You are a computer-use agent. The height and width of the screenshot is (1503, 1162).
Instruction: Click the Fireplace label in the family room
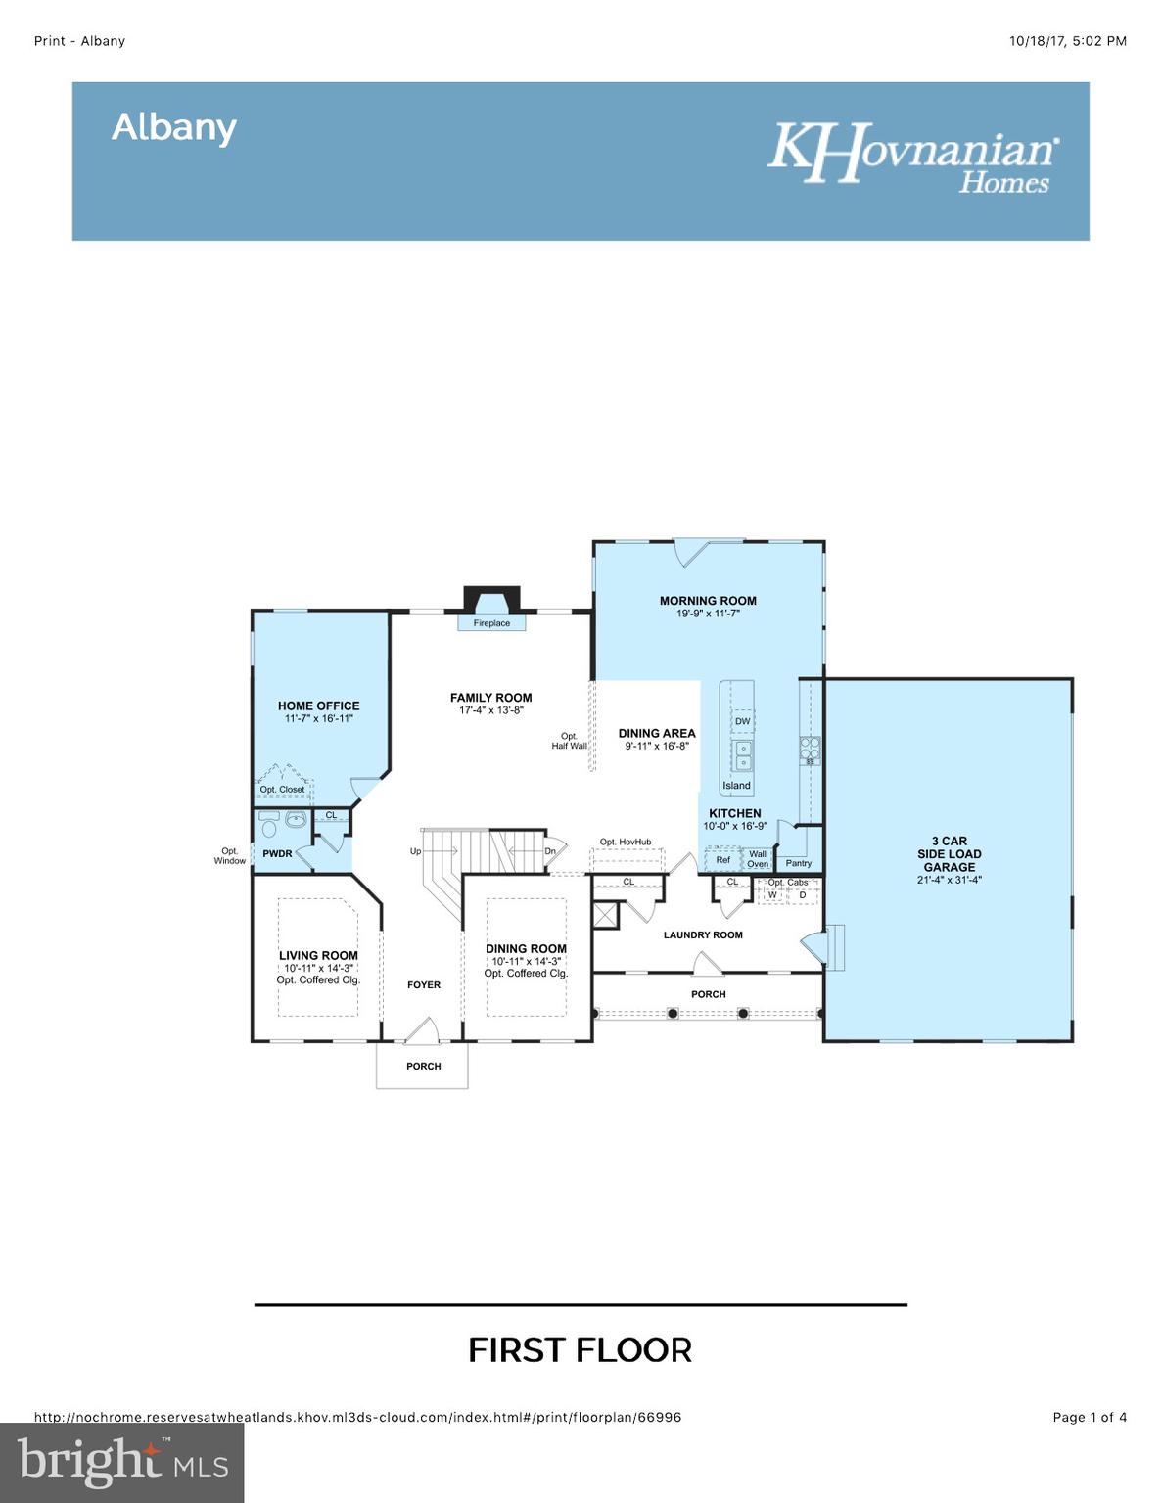click(491, 623)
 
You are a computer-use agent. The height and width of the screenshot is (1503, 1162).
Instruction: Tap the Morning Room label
click(708, 601)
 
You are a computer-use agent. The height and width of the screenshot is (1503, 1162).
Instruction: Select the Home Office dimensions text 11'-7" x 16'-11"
click(318, 718)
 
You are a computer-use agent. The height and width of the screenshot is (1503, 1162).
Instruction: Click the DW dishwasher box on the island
click(742, 721)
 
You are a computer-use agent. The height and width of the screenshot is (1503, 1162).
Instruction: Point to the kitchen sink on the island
click(743, 754)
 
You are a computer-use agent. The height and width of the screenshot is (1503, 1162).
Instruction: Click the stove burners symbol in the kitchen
click(810, 749)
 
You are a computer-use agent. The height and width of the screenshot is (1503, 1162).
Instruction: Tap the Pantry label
click(799, 863)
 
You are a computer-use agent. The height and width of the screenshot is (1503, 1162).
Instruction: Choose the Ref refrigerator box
click(722, 860)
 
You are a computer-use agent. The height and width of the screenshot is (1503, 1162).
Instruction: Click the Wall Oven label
click(758, 859)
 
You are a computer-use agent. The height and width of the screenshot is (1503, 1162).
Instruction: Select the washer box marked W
click(772, 894)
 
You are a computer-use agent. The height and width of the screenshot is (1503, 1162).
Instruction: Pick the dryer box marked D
click(803, 894)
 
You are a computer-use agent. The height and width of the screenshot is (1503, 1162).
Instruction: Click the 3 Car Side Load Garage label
click(949, 854)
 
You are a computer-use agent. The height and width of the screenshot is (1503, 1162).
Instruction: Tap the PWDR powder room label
click(277, 854)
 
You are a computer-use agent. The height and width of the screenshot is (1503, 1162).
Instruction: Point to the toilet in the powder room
click(269, 821)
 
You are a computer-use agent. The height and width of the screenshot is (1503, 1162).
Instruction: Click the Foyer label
click(424, 985)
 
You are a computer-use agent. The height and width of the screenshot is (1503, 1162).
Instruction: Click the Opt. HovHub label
click(625, 842)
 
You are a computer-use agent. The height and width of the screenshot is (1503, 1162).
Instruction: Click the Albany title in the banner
click(174, 127)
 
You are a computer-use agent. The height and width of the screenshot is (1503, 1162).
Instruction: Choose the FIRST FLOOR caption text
click(580, 1350)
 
